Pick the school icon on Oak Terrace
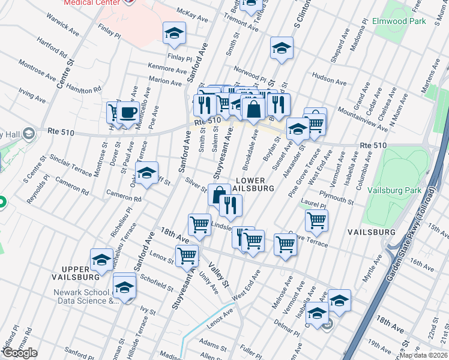point(146,173)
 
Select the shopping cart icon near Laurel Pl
point(316,219)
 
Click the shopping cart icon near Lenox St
point(187,254)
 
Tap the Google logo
point(19,353)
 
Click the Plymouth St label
point(336,197)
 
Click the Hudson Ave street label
point(329,80)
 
